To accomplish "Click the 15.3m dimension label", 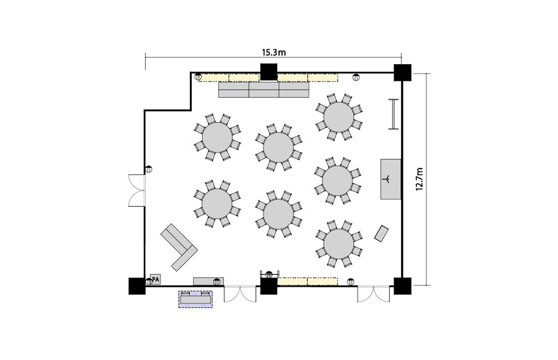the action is click(x=274, y=53).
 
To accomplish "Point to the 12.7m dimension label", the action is click(x=419, y=179).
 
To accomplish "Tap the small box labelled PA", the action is click(x=156, y=279).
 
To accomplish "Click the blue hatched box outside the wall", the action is click(x=195, y=299).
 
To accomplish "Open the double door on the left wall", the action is click(x=137, y=190).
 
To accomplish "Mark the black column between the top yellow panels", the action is click(x=269, y=72).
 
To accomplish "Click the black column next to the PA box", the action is click(x=137, y=286).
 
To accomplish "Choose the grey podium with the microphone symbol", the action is click(x=391, y=179).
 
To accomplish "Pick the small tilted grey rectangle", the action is click(x=382, y=234).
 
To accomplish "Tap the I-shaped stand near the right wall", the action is click(x=393, y=114).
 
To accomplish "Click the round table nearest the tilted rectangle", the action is click(x=339, y=244).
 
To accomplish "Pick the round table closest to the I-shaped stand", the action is click(x=339, y=117).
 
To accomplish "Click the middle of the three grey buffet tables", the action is click(x=264, y=89).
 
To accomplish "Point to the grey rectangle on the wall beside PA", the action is click(x=208, y=281).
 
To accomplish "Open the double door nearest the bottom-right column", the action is click(x=374, y=294).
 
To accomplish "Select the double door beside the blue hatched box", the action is click(x=240, y=294).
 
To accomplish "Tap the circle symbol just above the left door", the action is click(x=148, y=170).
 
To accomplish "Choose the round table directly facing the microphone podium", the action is click(x=337, y=181).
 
